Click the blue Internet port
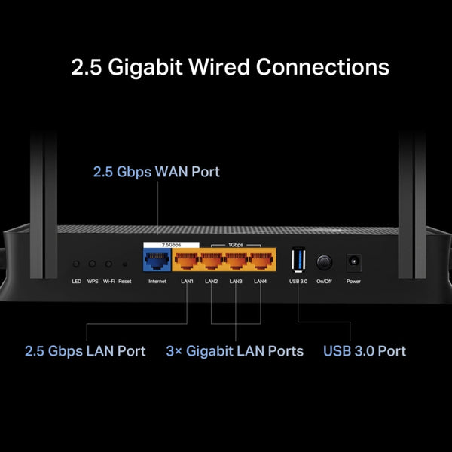coord(157,262)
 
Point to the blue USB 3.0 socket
coord(298,261)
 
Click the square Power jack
coord(353,262)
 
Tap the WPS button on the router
coord(93,264)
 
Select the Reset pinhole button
coord(125,264)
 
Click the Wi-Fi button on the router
coord(108,264)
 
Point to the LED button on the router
coord(76,264)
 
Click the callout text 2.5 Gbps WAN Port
coord(157,172)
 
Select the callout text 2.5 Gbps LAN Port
coord(85,351)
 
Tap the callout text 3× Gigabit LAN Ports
coord(234,351)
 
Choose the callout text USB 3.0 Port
coord(365,351)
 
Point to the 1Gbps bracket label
coord(236,245)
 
